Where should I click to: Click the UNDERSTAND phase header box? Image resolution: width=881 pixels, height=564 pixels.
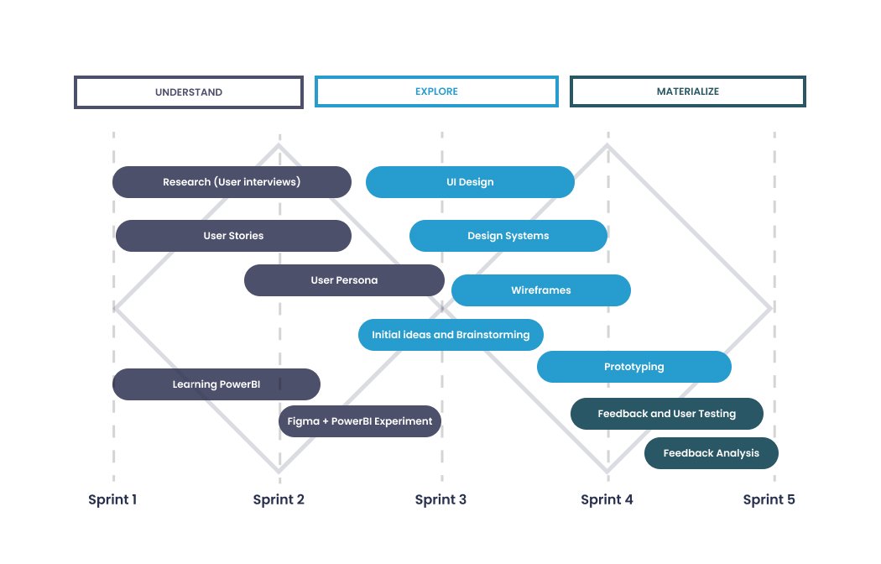pyautogui.click(x=189, y=92)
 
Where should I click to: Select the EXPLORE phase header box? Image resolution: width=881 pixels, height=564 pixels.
pyautogui.click(x=436, y=92)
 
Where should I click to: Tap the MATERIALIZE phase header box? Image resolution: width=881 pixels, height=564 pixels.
pyautogui.click(x=688, y=92)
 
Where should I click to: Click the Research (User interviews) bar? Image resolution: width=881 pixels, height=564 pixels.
pyautogui.click(x=232, y=182)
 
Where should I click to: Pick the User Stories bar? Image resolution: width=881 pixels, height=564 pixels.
pyautogui.click(x=233, y=236)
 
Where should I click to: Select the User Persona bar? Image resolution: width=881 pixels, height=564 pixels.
pyautogui.click(x=344, y=280)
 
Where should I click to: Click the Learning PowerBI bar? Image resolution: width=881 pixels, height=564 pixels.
pyautogui.click(x=216, y=384)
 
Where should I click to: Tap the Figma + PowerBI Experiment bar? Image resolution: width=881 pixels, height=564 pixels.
pyautogui.click(x=360, y=421)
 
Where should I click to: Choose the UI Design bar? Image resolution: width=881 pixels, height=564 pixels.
pyautogui.click(x=470, y=182)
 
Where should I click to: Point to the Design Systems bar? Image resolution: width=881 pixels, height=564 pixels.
pyautogui.click(x=508, y=236)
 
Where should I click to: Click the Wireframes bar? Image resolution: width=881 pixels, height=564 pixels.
pyautogui.click(x=541, y=290)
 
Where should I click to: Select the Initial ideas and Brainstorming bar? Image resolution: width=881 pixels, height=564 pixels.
pyautogui.click(x=451, y=335)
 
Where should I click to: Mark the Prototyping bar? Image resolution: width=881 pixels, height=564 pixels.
pyautogui.click(x=634, y=367)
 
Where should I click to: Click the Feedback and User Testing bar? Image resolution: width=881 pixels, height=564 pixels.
pyautogui.click(x=667, y=414)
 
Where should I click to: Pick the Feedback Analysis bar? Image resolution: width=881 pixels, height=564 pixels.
pyautogui.click(x=712, y=453)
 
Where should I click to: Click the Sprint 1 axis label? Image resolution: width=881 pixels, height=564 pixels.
pyautogui.click(x=112, y=500)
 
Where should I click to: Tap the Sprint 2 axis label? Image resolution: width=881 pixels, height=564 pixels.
pyautogui.click(x=279, y=500)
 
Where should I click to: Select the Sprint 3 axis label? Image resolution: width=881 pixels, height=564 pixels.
pyautogui.click(x=440, y=500)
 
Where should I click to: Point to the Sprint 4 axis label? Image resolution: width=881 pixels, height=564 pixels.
pyautogui.click(x=607, y=500)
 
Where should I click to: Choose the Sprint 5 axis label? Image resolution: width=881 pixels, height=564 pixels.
pyautogui.click(x=769, y=500)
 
